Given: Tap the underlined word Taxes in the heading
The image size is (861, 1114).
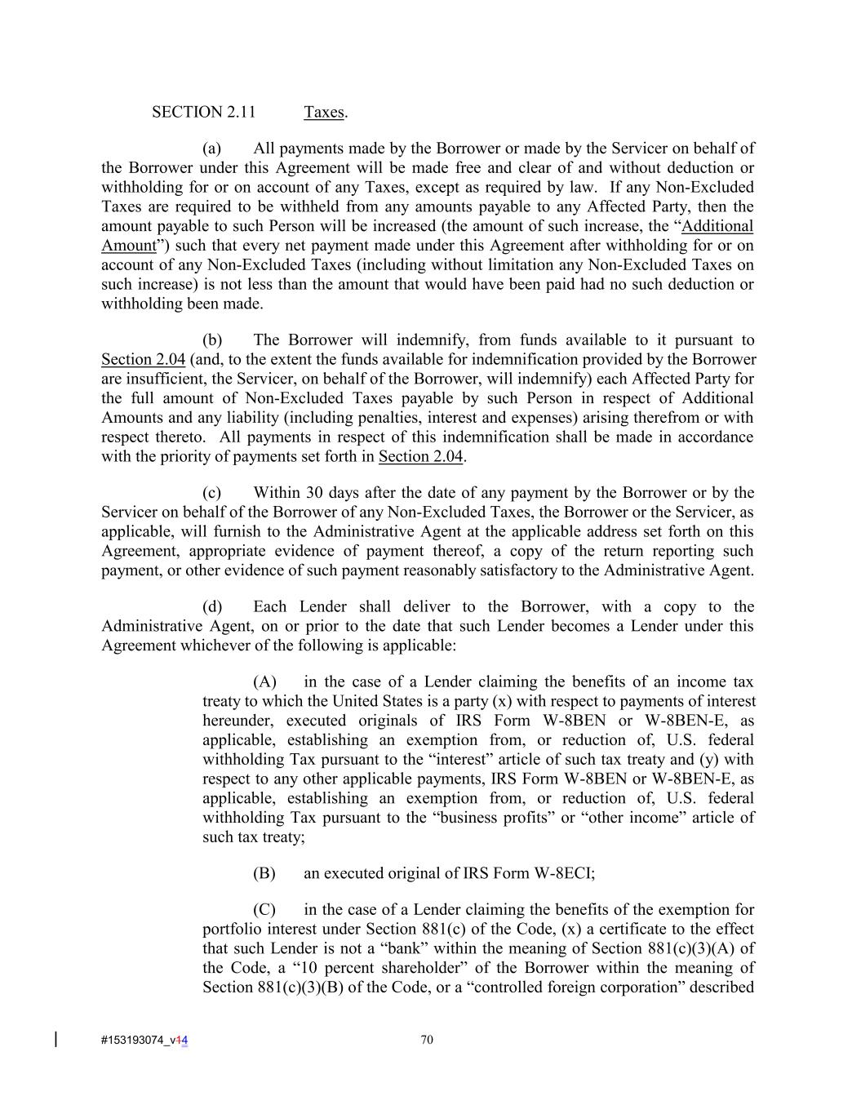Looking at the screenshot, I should pyautogui.click(x=324, y=113).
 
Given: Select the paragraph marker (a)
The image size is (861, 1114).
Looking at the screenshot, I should pyautogui.click(x=211, y=149).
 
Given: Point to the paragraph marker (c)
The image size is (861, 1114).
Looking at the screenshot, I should pyautogui.click(x=211, y=493).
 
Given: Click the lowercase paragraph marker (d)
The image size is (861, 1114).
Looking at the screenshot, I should pyautogui.click(x=211, y=607).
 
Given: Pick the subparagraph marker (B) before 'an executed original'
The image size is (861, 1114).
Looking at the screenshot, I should pyautogui.click(x=264, y=873).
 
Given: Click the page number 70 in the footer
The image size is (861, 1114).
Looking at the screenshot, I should pyautogui.click(x=426, y=1040).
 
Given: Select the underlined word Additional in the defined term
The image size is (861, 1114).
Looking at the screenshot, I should pyautogui.click(x=717, y=226).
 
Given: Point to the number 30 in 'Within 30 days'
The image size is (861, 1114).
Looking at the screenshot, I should pyautogui.click(x=314, y=493).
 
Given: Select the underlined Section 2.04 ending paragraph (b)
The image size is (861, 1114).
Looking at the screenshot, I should pyautogui.click(x=420, y=457).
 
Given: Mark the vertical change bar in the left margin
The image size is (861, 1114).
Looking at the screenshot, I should pyautogui.click(x=55, y=1039).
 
